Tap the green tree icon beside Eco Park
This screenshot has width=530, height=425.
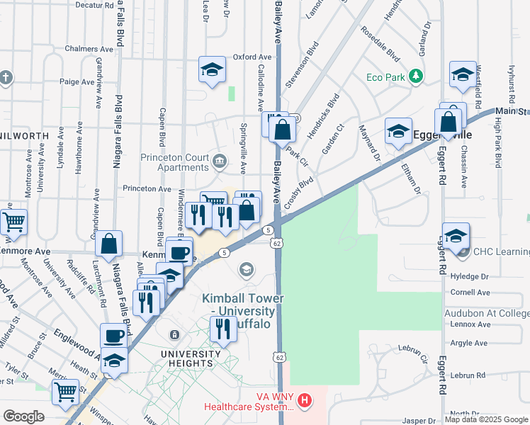[417, 75]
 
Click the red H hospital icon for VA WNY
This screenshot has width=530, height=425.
[305, 401]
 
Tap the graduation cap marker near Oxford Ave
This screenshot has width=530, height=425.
[212, 69]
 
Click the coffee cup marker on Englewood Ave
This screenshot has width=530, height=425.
[113, 335]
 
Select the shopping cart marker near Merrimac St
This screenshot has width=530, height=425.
[65, 390]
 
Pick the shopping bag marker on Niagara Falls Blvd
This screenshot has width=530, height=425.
[109, 243]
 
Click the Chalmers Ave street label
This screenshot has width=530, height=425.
[89, 50]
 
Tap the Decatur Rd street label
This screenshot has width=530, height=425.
[94, 5]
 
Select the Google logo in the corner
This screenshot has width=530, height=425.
[23, 416]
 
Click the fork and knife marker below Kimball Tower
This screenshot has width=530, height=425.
[223, 328]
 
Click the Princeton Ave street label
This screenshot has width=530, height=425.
[147, 189]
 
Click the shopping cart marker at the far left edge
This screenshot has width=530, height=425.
[13, 221]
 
